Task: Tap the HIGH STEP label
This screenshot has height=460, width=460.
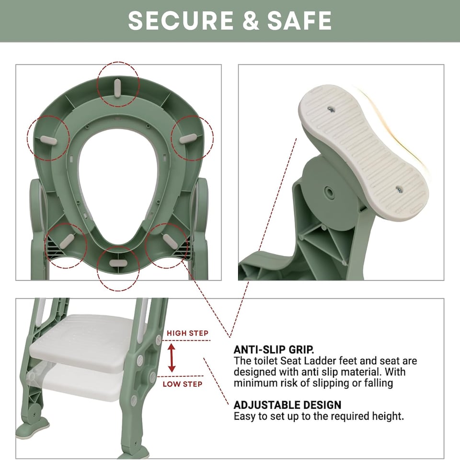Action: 187,333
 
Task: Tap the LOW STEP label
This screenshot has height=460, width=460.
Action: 182,384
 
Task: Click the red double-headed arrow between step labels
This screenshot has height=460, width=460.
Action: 172,358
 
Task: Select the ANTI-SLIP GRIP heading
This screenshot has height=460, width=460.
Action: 274,349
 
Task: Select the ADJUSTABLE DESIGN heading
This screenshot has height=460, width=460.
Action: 287,405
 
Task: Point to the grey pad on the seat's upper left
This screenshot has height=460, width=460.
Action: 48,139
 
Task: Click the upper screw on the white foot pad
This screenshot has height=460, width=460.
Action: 331,110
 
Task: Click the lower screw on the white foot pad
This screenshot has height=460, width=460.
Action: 399,190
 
